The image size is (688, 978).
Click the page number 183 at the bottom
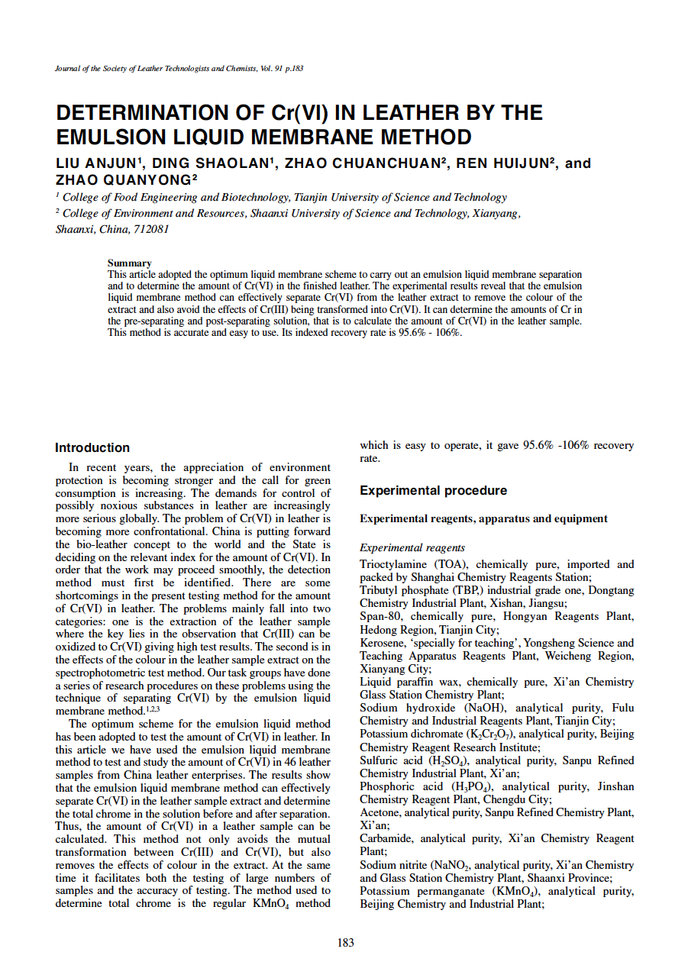point(345,942)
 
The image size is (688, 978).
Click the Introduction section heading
point(92,448)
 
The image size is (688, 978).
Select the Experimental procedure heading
point(433,490)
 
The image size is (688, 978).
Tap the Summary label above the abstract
point(129,263)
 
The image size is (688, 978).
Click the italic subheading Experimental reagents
point(412,547)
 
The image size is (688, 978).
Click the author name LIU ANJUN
point(96,163)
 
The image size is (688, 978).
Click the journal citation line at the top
point(179,69)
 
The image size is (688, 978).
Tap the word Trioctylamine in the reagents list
point(392,565)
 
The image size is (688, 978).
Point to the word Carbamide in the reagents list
point(386,838)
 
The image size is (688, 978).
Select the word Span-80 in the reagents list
point(381,617)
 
